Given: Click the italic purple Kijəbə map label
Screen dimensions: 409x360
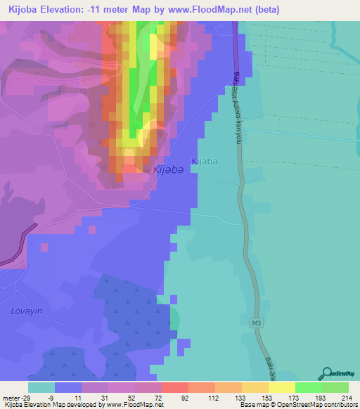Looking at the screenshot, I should click(169, 170).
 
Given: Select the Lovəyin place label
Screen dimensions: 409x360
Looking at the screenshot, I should click(22, 311).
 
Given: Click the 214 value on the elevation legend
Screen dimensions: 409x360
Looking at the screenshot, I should click(346, 397).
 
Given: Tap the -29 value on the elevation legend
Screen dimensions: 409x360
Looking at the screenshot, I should click(29, 397).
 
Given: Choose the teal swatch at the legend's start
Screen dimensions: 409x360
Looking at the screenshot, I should click(41, 387).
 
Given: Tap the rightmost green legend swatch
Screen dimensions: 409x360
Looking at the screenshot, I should click(335, 387).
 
